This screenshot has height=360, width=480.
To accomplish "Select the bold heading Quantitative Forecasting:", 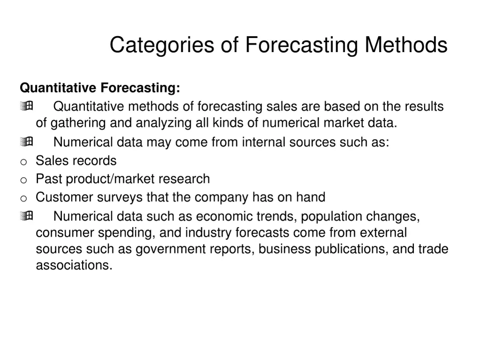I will tap(100, 88).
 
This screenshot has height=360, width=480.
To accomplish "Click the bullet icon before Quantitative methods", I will tap(27, 106).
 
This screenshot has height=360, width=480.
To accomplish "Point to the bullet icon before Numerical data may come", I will tap(27, 141).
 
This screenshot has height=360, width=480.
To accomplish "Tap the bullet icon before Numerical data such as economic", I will tap(27, 216).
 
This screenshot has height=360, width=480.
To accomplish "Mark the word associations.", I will tap(74, 265).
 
